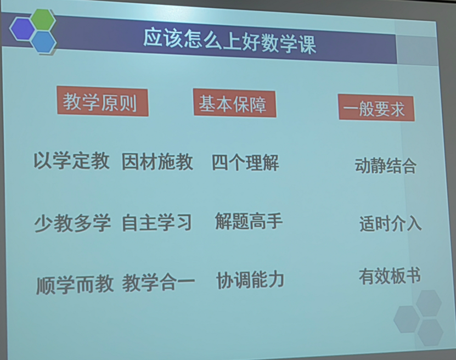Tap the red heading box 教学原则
coord(102,102)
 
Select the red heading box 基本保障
coord(234,104)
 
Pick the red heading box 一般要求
coord(376,109)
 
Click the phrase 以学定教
coord(72,161)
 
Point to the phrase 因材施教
coord(157,162)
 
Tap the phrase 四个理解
coord(245,163)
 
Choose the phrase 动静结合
coord(386,166)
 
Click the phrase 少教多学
coord(72,223)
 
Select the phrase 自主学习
coord(157,223)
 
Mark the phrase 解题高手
coord(249,222)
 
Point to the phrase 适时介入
coord(390,224)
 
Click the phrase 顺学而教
coord(75,284)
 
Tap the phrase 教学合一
coord(159,283)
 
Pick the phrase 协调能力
coord(250,280)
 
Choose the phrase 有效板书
coord(390,276)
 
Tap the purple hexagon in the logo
coord(22,29)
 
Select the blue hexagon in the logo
coord(43,41)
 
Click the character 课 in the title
coord(307,43)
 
